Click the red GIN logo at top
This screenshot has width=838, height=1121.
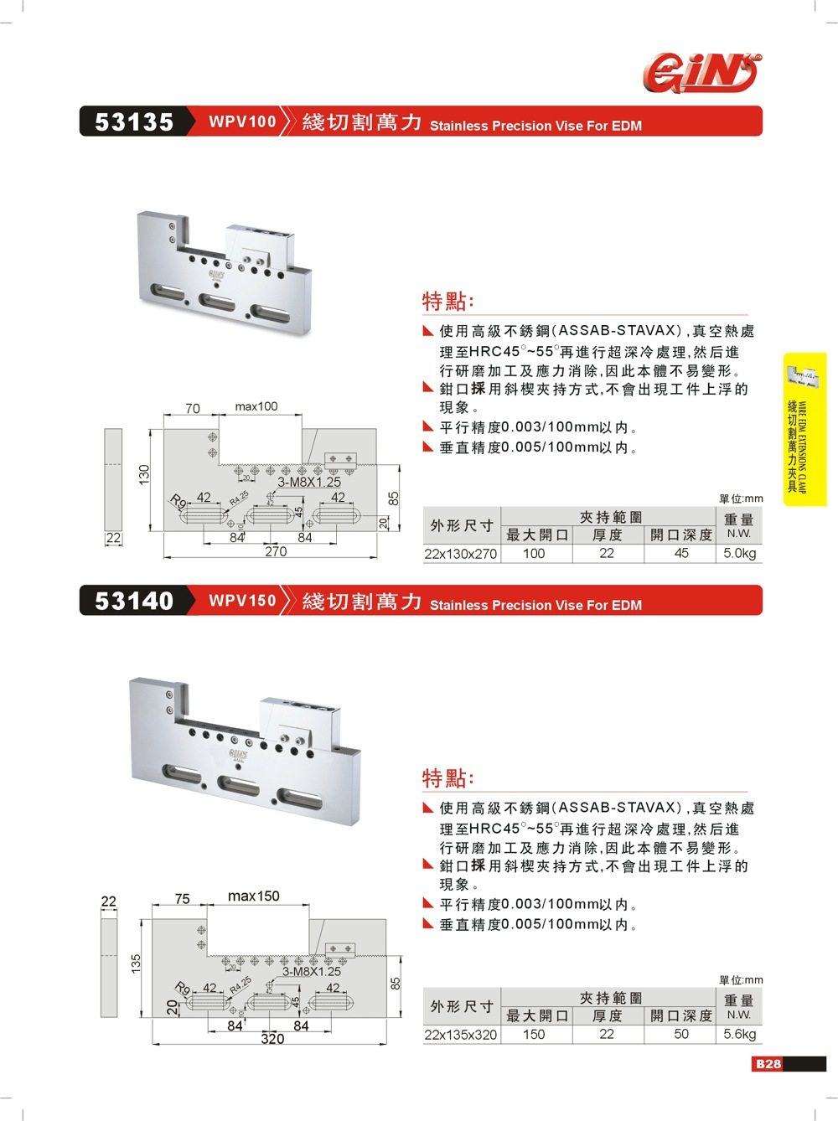pyautogui.click(x=703, y=71)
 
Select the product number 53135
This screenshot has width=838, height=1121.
pyautogui.click(x=133, y=122)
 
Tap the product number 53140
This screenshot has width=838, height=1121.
pyautogui.click(x=133, y=602)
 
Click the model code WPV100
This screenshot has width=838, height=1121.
pyautogui.click(x=242, y=121)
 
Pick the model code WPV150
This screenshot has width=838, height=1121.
pyautogui.click(x=242, y=601)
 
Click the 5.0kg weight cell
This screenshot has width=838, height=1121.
pyautogui.click(x=739, y=554)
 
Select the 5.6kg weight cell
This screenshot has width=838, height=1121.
pyautogui.click(x=739, y=1035)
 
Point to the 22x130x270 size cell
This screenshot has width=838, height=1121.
pyautogui.click(x=461, y=554)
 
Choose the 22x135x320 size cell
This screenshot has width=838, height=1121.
pyautogui.click(x=461, y=1035)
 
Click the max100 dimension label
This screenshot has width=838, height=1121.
pyautogui.click(x=256, y=406)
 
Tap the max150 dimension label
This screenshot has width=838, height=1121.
pyautogui.click(x=253, y=896)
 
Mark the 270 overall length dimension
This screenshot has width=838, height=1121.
pyautogui.click(x=275, y=551)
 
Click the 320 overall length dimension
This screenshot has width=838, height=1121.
pyautogui.click(x=272, y=1039)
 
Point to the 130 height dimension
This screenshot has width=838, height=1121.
pyautogui.click(x=143, y=474)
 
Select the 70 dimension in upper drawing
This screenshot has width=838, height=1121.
pyautogui.click(x=192, y=409)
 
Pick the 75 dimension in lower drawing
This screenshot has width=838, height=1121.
pyautogui.click(x=182, y=899)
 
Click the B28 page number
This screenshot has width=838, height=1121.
pyautogui.click(x=768, y=1064)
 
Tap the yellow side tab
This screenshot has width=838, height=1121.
pyautogui.click(x=804, y=429)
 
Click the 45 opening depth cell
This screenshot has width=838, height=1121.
pyautogui.click(x=681, y=554)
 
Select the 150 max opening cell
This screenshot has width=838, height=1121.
pyautogui.click(x=534, y=1035)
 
